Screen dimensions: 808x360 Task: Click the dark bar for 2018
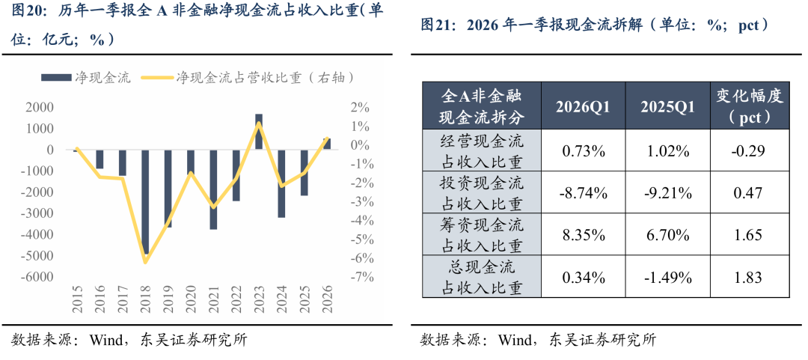145,202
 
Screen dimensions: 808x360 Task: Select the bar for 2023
259,132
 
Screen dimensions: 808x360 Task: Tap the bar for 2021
213,189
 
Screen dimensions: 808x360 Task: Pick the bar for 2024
281,183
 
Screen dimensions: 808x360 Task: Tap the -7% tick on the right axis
358,277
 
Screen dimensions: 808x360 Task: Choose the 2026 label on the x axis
327,299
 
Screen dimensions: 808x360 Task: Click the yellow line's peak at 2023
259,122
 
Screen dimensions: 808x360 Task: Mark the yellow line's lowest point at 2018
145,262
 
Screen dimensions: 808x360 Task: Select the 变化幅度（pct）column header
749,106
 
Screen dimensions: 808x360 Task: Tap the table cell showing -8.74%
583,193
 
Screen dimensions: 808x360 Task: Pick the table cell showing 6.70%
668,236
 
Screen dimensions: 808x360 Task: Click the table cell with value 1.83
749,278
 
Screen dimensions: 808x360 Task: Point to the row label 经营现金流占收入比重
481,150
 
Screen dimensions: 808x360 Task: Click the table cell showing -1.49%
668,278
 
